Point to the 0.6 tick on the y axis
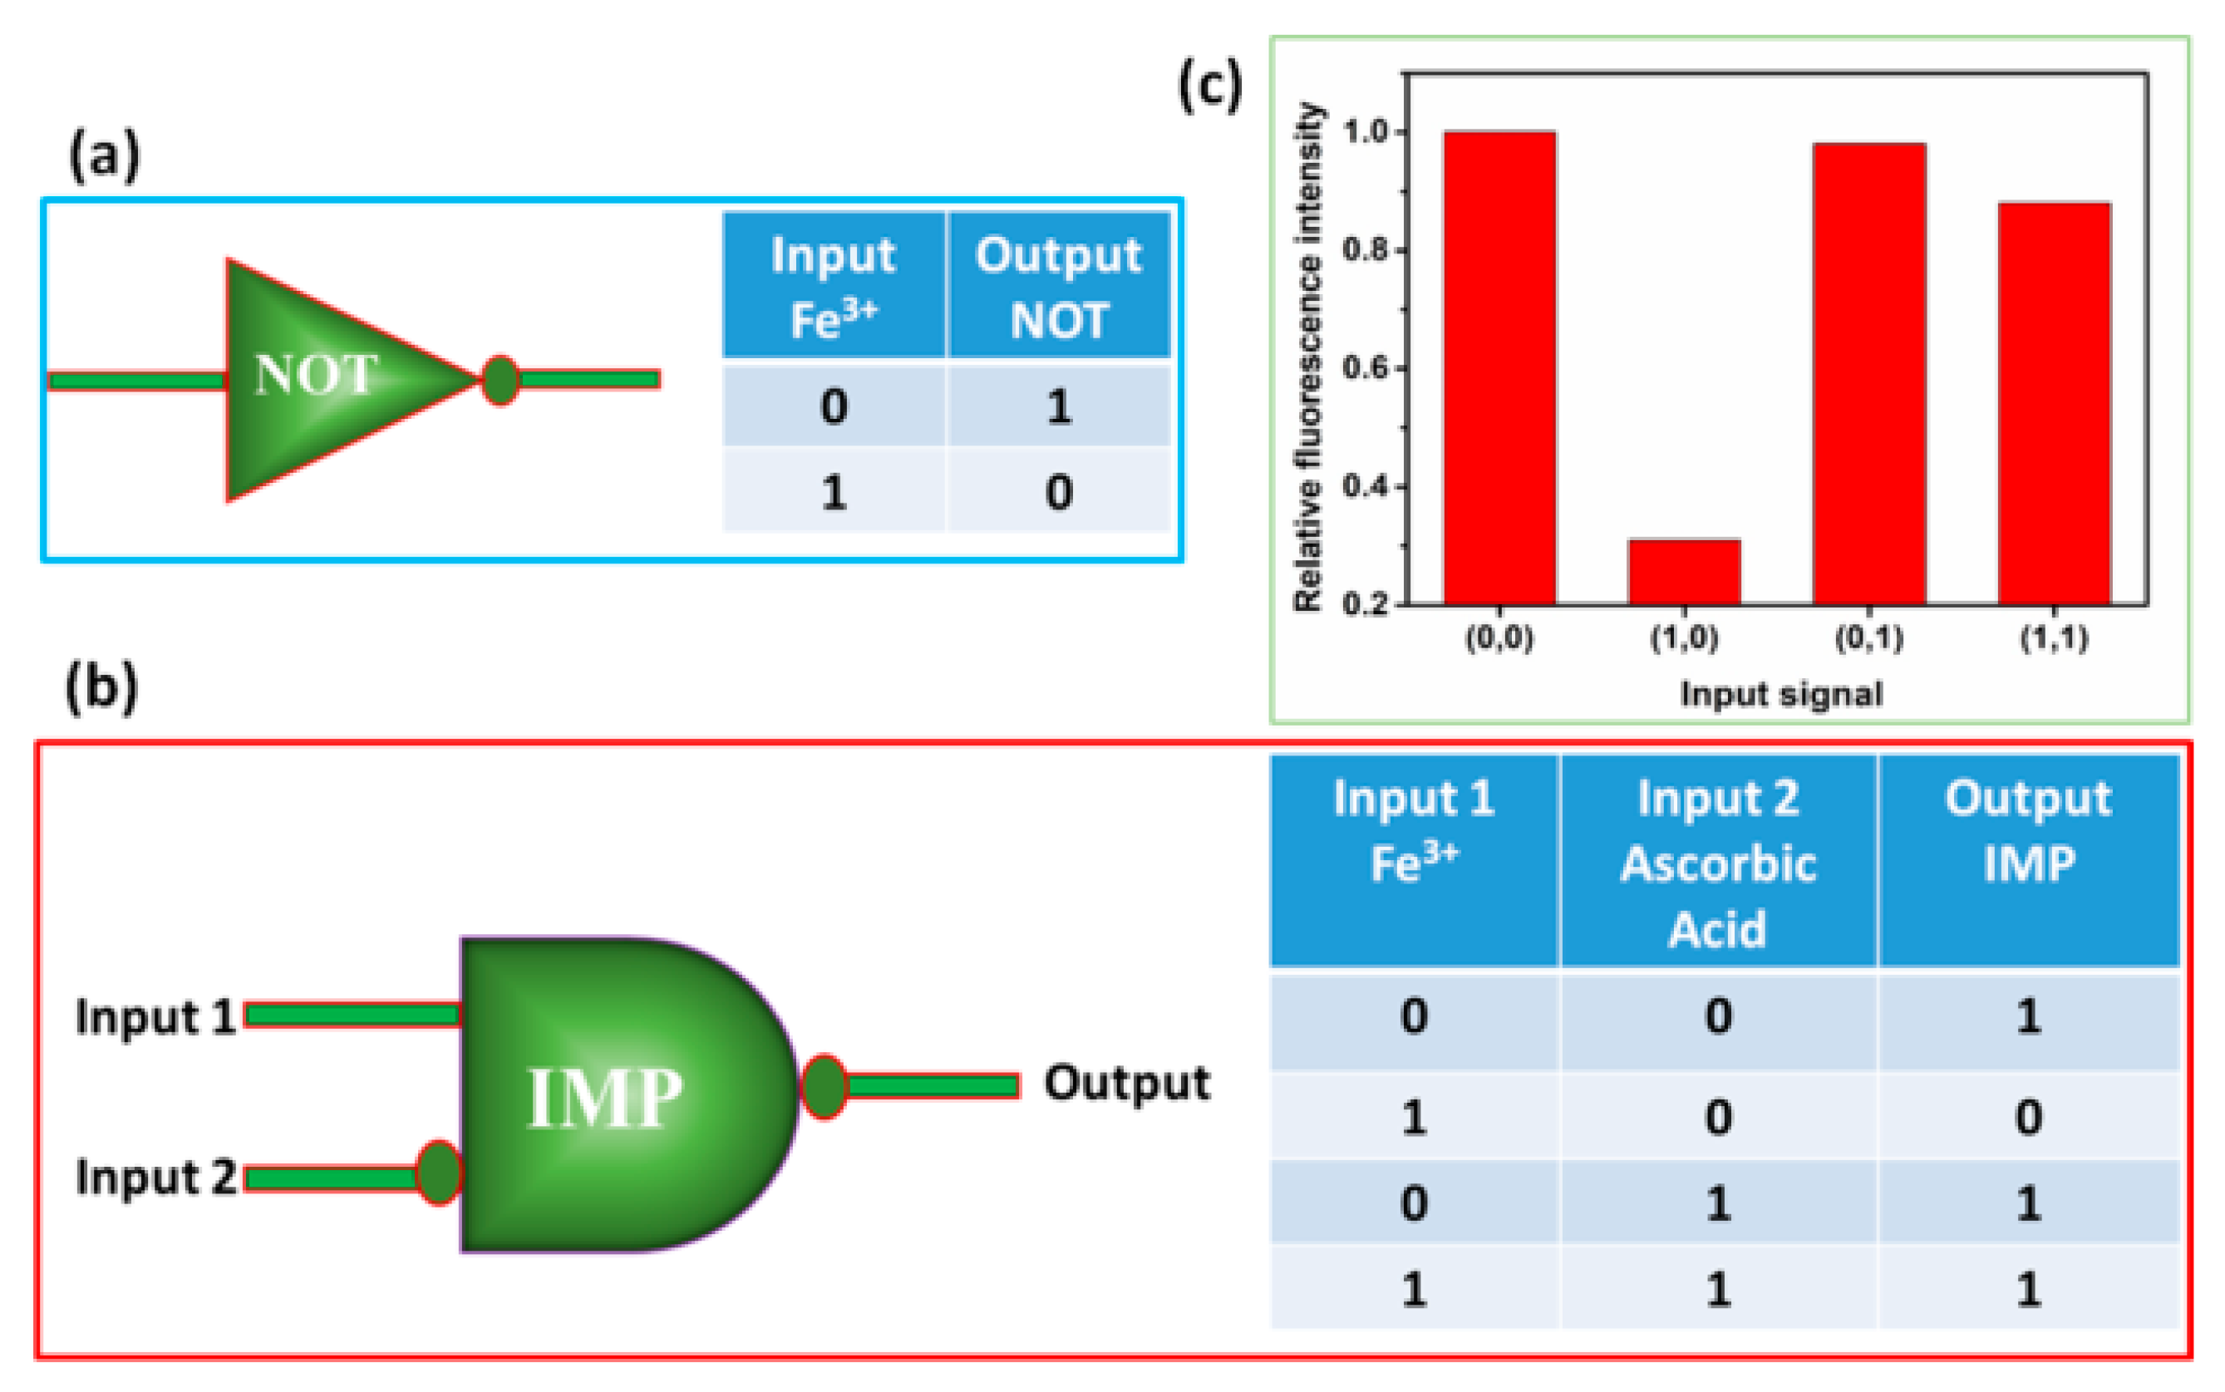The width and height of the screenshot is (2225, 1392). [1402, 368]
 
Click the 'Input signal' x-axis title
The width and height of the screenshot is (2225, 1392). [1780, 693]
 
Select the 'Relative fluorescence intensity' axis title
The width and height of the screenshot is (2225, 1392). [1308, 357]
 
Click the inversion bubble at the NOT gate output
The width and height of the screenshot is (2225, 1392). [500, 379]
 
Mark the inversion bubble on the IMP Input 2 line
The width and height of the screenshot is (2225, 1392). [438, 1172]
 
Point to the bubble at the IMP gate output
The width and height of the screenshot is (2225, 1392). [823, 1086]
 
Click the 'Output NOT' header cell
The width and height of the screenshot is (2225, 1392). [1059, 285]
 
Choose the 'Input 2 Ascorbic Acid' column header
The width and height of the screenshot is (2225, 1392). [1718, 862]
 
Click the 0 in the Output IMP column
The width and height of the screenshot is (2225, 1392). [2028, 1117]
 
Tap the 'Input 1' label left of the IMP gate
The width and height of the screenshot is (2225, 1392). [155, 1017]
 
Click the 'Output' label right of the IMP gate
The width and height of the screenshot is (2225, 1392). [1126, 1084]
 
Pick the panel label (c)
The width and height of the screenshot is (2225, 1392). [1209, 87]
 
